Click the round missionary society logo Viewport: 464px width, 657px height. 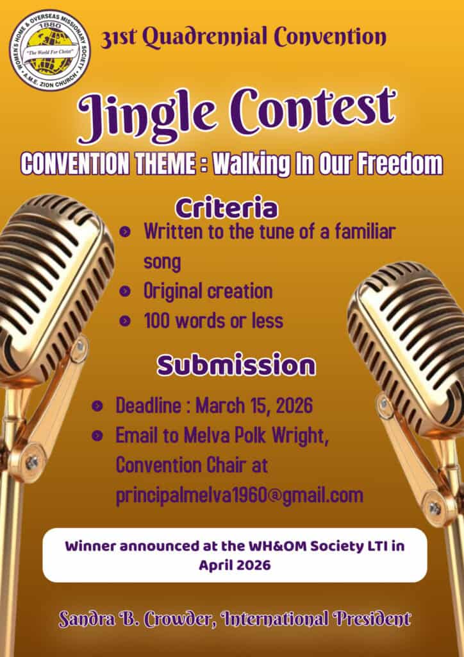click(x=50, y=50)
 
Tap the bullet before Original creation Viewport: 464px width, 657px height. click(x=125, y=291)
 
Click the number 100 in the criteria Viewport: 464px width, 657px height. click(x=157, y=321)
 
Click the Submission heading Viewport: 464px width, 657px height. click(x=236, y=365)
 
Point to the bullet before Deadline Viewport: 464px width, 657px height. click(x=97, y=405)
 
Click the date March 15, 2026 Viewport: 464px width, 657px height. click(x=254, y=405)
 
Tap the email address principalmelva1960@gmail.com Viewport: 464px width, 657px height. click(x=239, y=496)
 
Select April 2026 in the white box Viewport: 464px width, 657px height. click(x=235, y=565)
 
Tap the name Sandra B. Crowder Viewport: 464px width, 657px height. click(x=137, y=619)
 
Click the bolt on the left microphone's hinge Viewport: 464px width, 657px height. click(x=31, y=462)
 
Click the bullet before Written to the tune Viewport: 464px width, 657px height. click(x=125, y=232)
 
